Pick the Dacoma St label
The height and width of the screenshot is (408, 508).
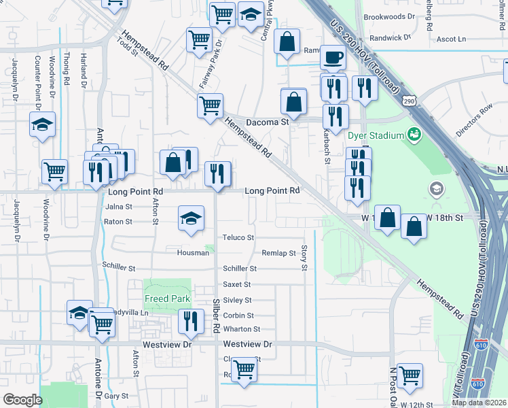[x=267, y=122]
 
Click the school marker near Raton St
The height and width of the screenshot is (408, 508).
[x=191, y=218]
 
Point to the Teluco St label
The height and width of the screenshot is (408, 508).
[x=238, y=238]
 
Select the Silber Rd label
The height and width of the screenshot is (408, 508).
[x=217, y=316]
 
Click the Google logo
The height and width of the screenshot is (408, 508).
[x=22, y=400]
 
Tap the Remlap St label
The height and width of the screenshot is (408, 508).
[x=279, y=253]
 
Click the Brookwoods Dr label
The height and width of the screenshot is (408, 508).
[x=389, y=16]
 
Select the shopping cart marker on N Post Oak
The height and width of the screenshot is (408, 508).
[x=410, y=375]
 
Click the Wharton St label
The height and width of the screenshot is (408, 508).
[x=238, y=329]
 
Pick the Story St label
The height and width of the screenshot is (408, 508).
[x=304, y=258]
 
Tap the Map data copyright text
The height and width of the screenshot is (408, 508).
[x=479, y=403]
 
